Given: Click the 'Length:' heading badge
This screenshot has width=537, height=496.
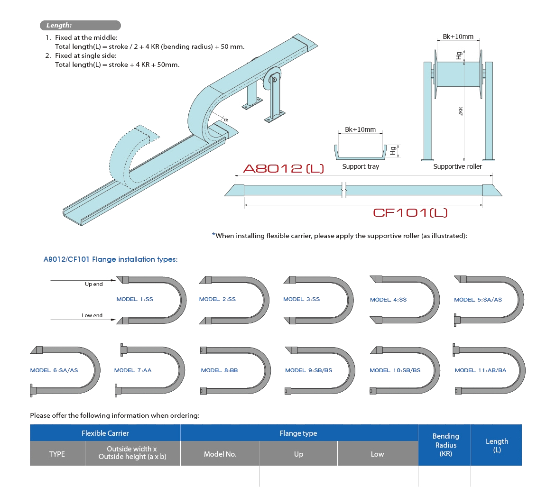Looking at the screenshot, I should point(59,26).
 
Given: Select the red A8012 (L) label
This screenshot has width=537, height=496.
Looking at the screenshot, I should point(284,168).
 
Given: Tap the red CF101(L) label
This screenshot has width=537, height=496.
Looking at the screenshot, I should point(410,212).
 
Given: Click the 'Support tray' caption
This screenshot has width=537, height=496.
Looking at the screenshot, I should point(361,167).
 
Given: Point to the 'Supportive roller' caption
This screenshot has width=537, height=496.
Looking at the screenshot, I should point(457,167).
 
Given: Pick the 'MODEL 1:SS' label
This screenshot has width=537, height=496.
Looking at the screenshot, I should point(135,299).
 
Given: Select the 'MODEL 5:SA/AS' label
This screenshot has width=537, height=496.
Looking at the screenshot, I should point(478,300).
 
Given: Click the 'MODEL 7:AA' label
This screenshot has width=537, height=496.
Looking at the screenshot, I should point(133,370).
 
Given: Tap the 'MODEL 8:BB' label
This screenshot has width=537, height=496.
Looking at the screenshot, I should point(219,370).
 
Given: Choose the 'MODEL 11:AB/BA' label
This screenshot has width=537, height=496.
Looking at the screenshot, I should point(480,370).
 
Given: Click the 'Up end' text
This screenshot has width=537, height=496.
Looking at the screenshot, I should point(94,285).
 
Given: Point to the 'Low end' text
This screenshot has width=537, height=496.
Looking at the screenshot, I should point(93,315).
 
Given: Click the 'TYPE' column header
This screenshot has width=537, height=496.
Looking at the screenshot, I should point(57,454).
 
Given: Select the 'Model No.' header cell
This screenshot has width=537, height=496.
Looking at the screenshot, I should point(220,454).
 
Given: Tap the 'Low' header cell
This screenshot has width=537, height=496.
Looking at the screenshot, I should point(377,454).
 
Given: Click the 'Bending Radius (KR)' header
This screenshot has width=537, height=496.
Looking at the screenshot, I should point(445,445).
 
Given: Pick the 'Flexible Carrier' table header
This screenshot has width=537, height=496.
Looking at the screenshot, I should point(105,433).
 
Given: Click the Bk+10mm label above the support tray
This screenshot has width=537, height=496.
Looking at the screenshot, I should point(360,129).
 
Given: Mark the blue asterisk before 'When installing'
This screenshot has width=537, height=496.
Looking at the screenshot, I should point(213,235).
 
